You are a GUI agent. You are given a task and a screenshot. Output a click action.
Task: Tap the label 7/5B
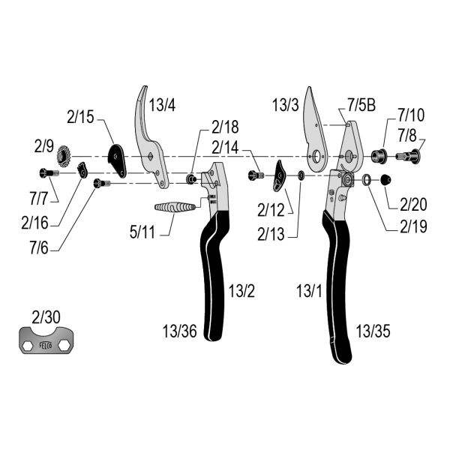[361, 105]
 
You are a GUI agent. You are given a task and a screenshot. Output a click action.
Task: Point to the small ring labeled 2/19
[367, 179]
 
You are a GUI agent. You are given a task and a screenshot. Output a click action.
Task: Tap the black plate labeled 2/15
[117, 157]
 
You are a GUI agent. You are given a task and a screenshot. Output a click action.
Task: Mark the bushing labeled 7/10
[379, 157]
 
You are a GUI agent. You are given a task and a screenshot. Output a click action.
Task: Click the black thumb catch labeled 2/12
[279, 177]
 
